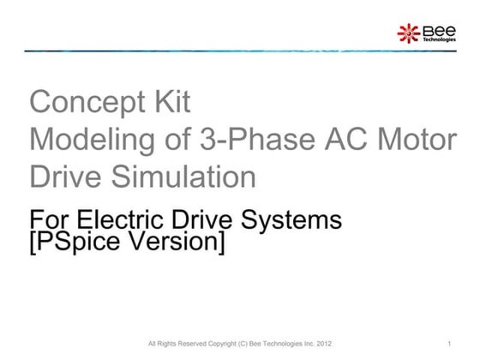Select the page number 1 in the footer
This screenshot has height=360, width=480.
click(449, 345)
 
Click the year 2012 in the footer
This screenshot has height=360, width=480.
click(321, 345)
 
